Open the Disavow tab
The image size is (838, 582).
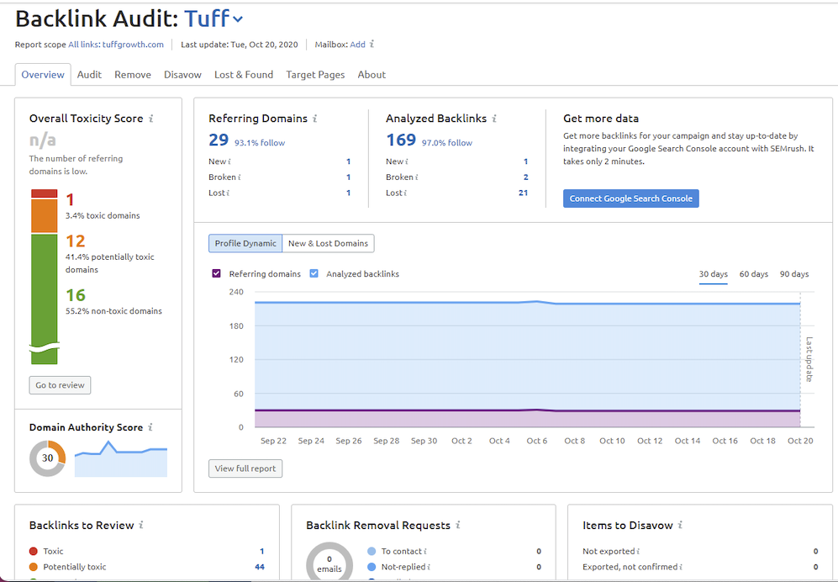pyautogui.click(x=182, y=75)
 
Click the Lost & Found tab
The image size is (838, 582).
pyautogui.click(x=244, y=75)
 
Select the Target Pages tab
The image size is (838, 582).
pyautogui.click(x=315, y=75)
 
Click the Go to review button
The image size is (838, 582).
pyautogui.click(x=60, y=385)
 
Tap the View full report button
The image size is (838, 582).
pyautogui.click(x=245, y=468)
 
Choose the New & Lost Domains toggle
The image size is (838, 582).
pyautogui.click(x=328, y=243)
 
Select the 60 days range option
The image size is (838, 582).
pyautogui.click(x=754, y=274)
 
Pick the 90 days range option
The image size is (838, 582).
pyautogui.click(x=794, y=274)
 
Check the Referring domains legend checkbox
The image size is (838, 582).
pyautogui.click(x=216, y=273)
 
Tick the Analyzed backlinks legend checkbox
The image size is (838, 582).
pyautogui.click(x=314, y=273)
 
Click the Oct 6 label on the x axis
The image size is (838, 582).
pyautogui.click(x=537, y=441)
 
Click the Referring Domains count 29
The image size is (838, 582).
pyautogui.click(x=219, y=140)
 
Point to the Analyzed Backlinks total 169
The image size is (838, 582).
pyautogui.click(x=401, y=140)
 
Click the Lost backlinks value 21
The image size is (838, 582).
pyautogui.click(x=523, y=193)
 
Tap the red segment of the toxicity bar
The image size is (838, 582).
pyautogui.click(x=44, y=194)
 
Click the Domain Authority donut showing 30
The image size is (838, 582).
pyautogui.click(x=47, y=458)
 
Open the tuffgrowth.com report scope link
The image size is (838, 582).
pyautogui.click(x=133, y=45)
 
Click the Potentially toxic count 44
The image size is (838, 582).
pyautogui.click(x=260, y=567)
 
